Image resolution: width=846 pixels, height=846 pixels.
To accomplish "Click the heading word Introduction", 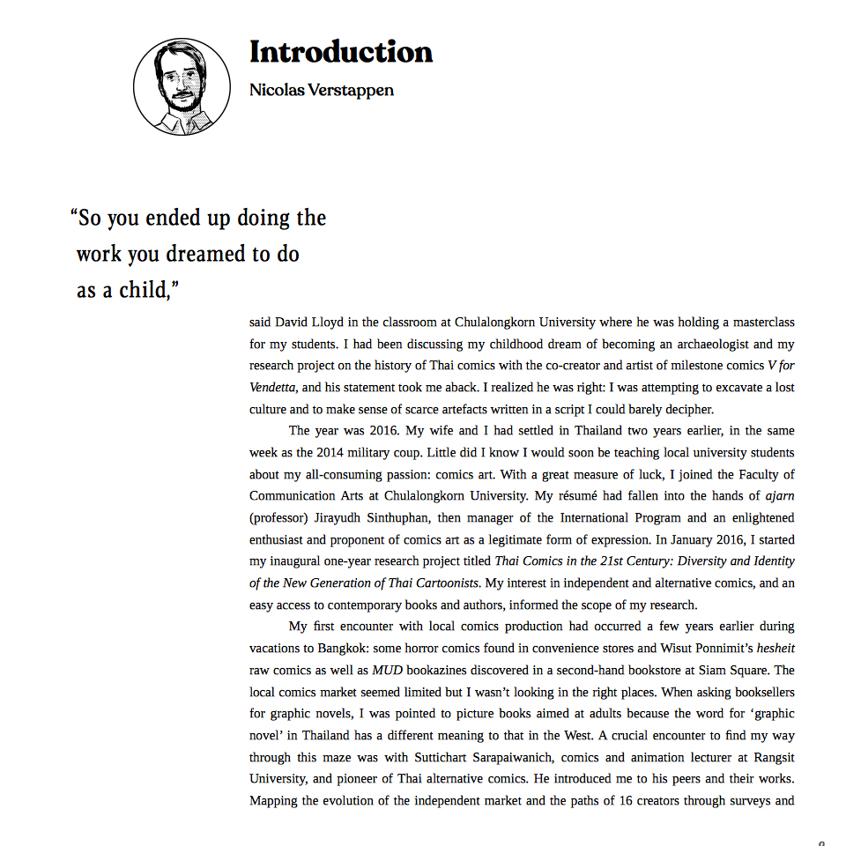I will [x=341, y=52].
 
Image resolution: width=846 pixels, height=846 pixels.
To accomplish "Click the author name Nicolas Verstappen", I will [x=321, y=90].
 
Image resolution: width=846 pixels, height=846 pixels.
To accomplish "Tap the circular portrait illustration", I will [x=182, y=86].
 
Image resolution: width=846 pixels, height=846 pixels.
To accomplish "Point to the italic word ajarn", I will [x=779, y=495].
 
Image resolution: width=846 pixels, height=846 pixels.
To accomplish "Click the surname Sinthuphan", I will [x=391, y=517].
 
